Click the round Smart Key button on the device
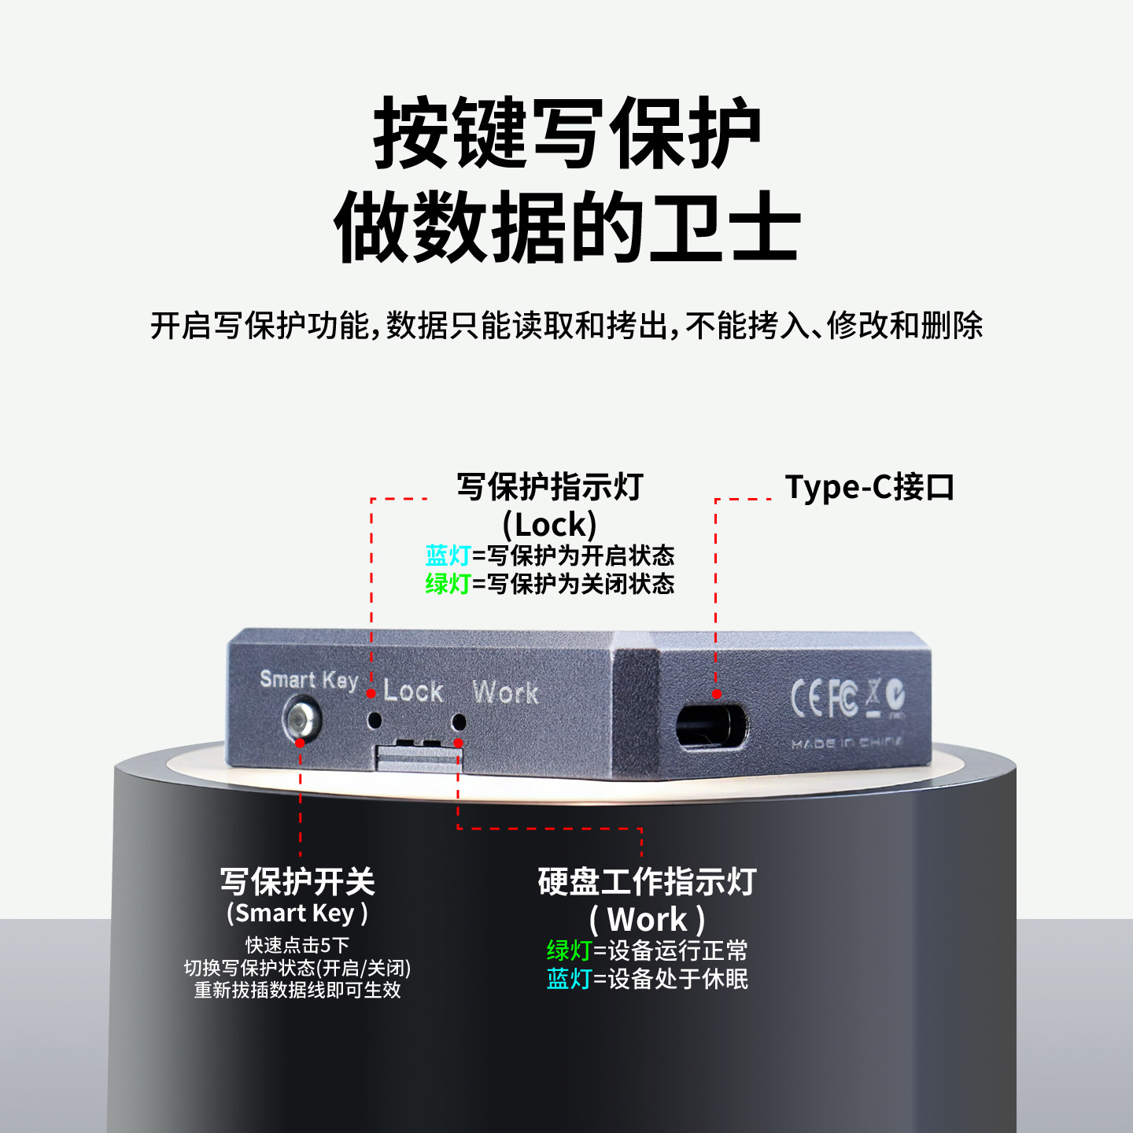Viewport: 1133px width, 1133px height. (301, 719)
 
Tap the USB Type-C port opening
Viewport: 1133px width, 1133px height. (711, 725)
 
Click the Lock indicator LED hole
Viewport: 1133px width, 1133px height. (375, 719)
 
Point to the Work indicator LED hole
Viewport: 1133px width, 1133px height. (459, 721)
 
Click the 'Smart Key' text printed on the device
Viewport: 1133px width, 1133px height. (308, 680)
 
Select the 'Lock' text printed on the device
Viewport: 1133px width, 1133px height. (413, 692)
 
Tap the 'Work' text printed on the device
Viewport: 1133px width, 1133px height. (505, 692)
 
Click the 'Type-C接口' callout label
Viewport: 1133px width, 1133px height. (869, 488)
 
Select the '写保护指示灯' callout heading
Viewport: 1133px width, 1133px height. (550, 487)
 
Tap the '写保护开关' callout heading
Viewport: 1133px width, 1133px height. (297, 882)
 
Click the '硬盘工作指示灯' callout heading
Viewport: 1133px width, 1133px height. (647, 882)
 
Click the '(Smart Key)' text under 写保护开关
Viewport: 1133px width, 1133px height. (297, 913)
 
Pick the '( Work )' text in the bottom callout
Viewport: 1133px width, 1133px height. (647, 919)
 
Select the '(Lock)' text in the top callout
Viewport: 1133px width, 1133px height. (550, 525)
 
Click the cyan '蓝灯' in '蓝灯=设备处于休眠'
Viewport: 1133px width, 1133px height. (569, 979)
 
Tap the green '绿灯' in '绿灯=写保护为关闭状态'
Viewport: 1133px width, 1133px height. (448, 584)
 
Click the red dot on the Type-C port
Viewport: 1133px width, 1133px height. (717, 694)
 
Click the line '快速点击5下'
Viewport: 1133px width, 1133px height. (297, 945)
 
